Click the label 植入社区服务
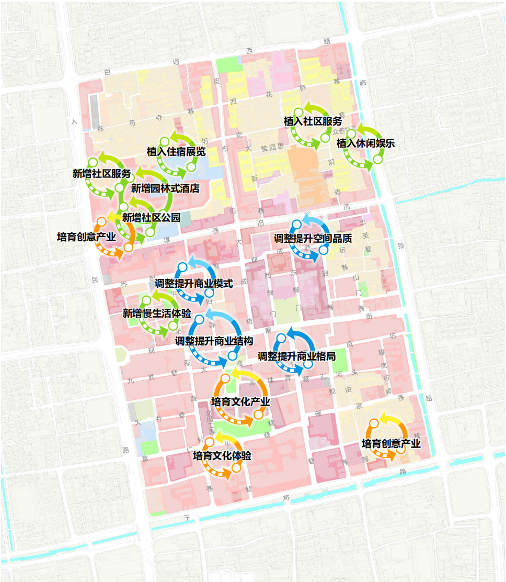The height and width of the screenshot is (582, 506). pyautogui.click(x=313, y=121)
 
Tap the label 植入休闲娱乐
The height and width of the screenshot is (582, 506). pyautogui.click(x=365, y=143)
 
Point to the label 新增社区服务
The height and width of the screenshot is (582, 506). pyautogui.click(x=101, y=174)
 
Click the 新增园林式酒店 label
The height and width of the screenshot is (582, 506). pyautogui.click(x=165, y=188)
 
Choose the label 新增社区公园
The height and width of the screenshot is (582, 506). pyautogui.click(x=151, y=217)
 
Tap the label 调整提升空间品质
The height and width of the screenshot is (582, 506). pyautogui.click(x=313, y=238)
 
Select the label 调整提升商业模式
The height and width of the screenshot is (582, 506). pyautogui.click(x=194, y=283)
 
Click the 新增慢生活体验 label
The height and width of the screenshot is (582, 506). pyautogui.click(x=156, y=313)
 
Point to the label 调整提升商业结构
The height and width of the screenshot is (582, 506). pyautogui.click(x=214, y=341)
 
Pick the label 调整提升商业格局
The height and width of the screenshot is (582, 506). pyautogui.click(x=296, y=356)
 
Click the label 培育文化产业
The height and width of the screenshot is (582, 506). pyautogui.click(x=240, y=402)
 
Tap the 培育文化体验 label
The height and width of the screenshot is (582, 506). pyautogui.click(x=222, y=455)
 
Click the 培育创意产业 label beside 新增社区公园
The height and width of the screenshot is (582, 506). pyautogui.click(x=86, y=237)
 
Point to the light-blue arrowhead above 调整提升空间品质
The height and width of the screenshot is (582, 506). pyautogui.click(x=305, y=217)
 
